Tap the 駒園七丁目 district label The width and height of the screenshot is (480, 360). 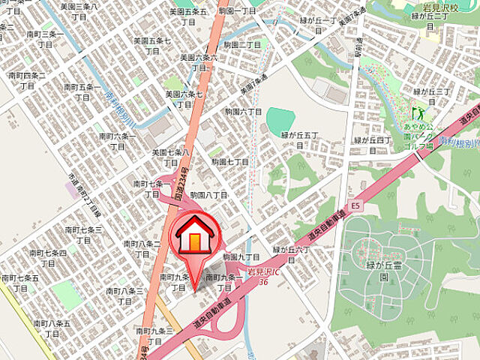click(229, 162)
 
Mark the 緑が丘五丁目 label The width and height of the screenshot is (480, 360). click(300, 139)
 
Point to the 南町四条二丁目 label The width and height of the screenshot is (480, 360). click(28, 81)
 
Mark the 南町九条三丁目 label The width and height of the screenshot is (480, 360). click(155, 335)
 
